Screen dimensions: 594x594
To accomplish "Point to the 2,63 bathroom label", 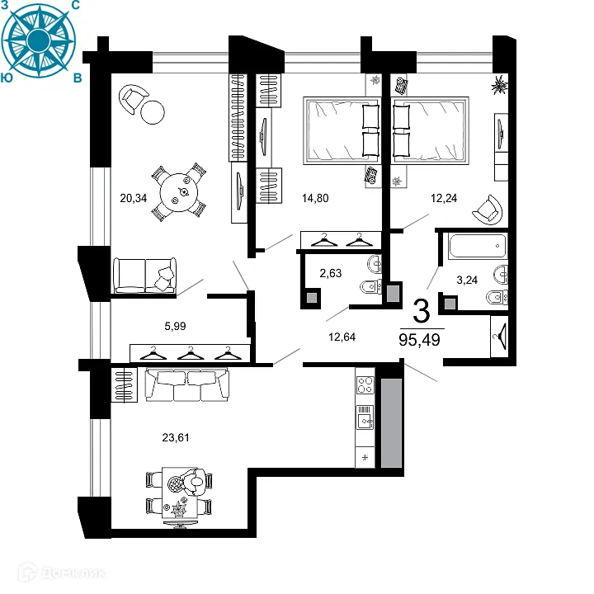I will [332, 274].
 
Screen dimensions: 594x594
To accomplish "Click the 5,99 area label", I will [175, 326].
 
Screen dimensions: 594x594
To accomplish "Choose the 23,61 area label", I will [177, 437].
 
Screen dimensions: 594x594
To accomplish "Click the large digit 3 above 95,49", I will [421, 311].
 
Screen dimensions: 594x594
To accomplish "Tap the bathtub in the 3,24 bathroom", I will [477, 245].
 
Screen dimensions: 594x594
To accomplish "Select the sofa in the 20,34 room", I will [145, 274].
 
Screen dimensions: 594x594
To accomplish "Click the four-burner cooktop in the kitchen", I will [365, 384].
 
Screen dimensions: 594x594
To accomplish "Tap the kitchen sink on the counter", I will [365, 422].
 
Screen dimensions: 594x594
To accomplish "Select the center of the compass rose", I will [40, 40].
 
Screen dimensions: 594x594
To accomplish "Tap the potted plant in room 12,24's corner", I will [499, 84].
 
